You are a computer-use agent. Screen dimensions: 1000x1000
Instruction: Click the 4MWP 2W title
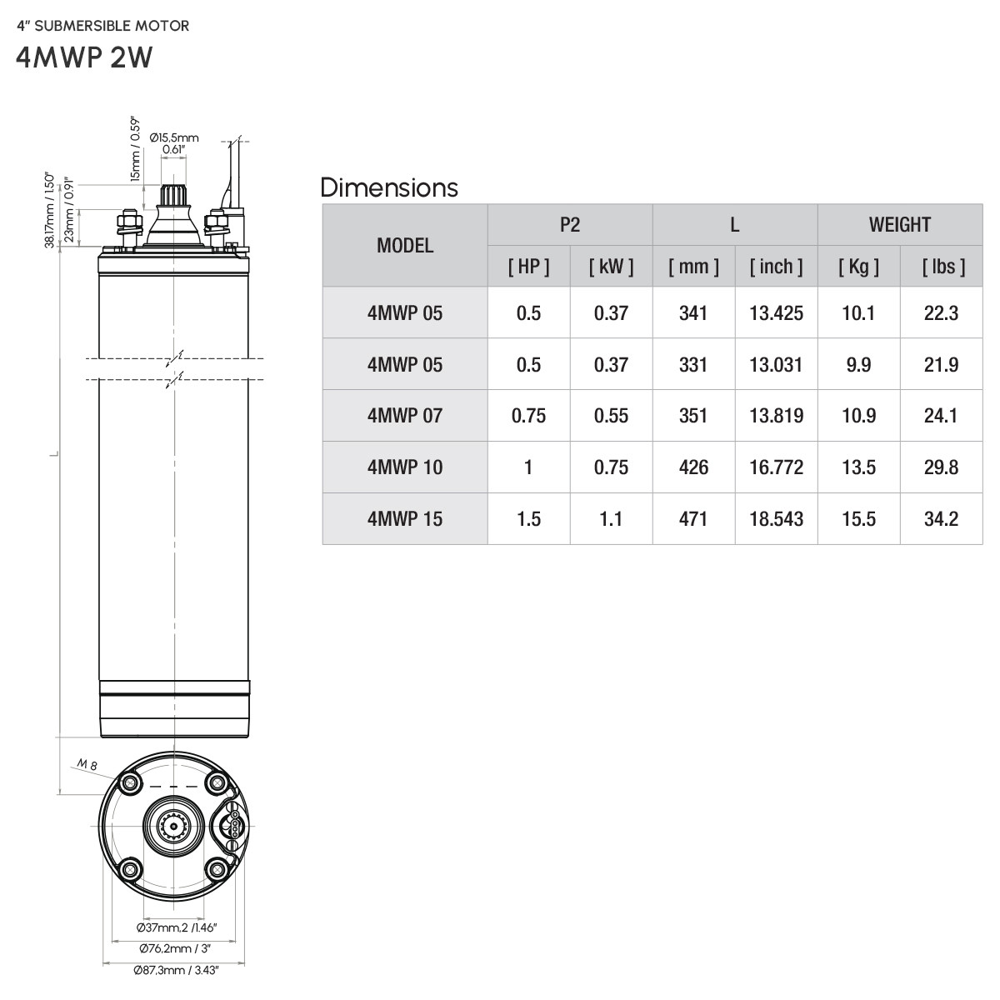pyautogui.click(x=84, y=57)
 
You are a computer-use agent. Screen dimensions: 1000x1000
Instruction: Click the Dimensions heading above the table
pyautogui.click(x=389, y=187)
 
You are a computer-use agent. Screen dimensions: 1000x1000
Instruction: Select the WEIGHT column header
pyautogui.click(x=899, y=225)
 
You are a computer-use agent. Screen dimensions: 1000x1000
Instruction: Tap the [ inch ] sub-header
pyautogui.click(x=776, y=267)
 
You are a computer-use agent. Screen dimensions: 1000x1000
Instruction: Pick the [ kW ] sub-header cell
pyautogui.click(x=611, y=267)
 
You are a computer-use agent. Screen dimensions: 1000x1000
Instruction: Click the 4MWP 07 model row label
pyautogui.click(x=405, y=416)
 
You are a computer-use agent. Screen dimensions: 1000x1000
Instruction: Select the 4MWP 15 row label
pyautogui.click(x=405, y=519)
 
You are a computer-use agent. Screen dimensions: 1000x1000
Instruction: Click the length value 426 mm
pyautogui.click(x=693, y=467)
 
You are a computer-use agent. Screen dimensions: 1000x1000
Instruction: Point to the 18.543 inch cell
pyautogui.click(x=776, y=519)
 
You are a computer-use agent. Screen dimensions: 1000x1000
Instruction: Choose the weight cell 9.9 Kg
pyautogui.click(x=858, y=365)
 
